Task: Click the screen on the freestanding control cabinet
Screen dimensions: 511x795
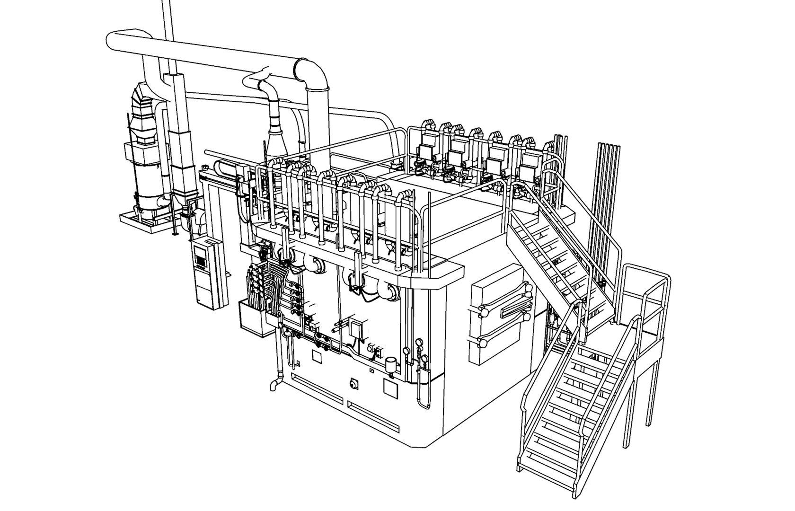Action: pos(201,259)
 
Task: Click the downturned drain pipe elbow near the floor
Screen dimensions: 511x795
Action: pos(274,385)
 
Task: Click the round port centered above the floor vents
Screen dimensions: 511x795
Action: pos(353,383)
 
